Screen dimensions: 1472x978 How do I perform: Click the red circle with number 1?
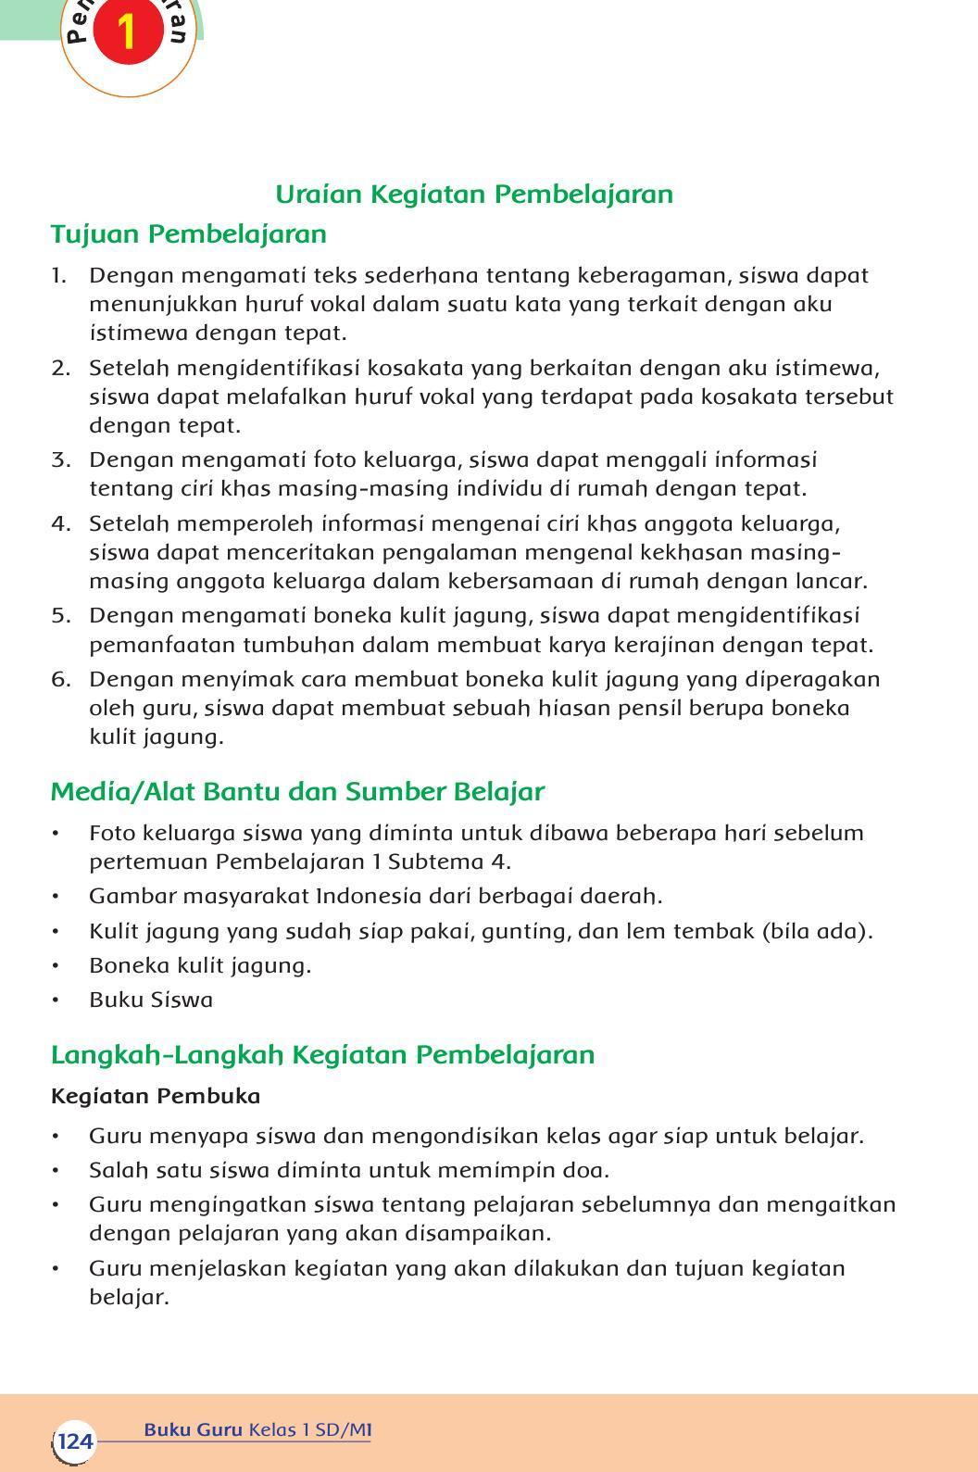coord(128,31)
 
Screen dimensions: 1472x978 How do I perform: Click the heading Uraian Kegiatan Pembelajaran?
coord(474,195)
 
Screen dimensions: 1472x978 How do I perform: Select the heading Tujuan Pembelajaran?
coord(189,234)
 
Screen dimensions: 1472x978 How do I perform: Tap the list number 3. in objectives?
coord(60,460)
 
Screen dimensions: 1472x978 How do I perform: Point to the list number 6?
coord(60,680)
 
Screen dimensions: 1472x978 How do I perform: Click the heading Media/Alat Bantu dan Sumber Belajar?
coord(297,792)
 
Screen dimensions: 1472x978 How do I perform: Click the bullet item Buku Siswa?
coord(151,1000)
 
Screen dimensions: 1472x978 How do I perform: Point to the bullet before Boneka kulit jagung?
coord(56,966)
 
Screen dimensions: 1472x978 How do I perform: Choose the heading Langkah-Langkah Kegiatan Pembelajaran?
coord(322,1055)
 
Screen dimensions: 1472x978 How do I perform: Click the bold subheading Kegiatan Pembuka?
coord(156,1097)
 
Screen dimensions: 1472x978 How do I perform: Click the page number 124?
coord(74,1441)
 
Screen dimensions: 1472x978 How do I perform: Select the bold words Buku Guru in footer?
coord(193,1430)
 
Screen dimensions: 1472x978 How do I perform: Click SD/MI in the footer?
coord(343,1430)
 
